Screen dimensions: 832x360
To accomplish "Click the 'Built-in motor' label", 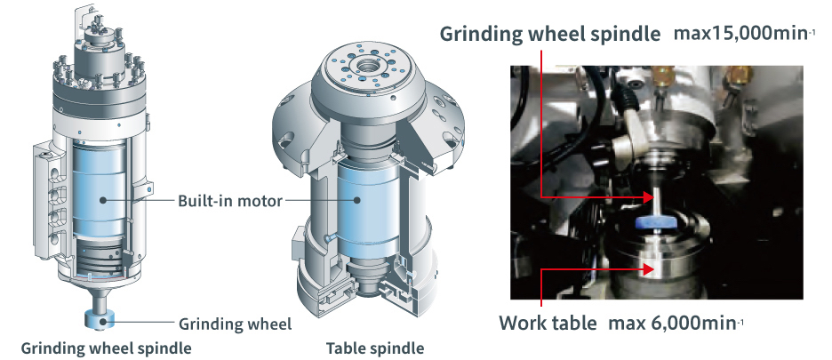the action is click(x=229, y=201).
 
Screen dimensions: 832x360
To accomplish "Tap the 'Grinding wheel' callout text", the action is click(x=235, y=324).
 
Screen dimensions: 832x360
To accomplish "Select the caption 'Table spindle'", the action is click(x=375, y=348).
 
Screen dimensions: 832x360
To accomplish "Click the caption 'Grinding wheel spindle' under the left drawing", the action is click(x=106, y=348).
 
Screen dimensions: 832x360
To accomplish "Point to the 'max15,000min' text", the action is click(x=744, y=34).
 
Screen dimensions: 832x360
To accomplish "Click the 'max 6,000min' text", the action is click(x=676, y=323).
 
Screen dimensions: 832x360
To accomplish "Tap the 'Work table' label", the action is click(x=548, y=323).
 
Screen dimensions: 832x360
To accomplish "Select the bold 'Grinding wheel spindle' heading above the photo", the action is click(x=550, y=34).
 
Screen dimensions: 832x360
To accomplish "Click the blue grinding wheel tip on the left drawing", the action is click(x=100, y=320).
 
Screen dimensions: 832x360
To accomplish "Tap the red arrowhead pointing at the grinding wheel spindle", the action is click(x=646, y=197).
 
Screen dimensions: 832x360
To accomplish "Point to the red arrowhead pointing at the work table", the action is click(x=646, y=269).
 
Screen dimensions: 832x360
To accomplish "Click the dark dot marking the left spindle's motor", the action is click(x=103, y=200).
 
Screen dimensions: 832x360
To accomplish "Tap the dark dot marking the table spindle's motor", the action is click(x=357, y=200).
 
